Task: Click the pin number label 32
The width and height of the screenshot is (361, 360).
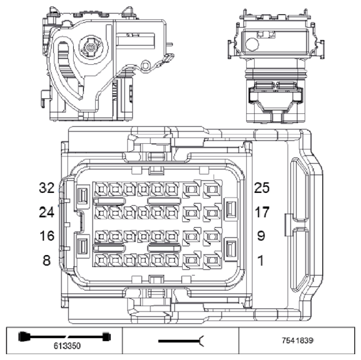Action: pos(45,188)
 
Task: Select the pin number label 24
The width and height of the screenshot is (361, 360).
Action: pos(45,212)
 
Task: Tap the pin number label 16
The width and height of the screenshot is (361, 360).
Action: pos(45,236)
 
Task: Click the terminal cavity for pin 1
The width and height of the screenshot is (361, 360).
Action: pos(212,260)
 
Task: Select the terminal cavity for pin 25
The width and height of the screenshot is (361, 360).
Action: pos(212,190)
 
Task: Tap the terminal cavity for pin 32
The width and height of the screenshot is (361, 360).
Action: pos(101,188)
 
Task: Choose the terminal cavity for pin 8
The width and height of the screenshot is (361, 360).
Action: pos(101,260)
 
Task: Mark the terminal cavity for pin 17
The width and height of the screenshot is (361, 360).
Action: pos(212,213)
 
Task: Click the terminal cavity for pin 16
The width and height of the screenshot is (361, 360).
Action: pos(101,236)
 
